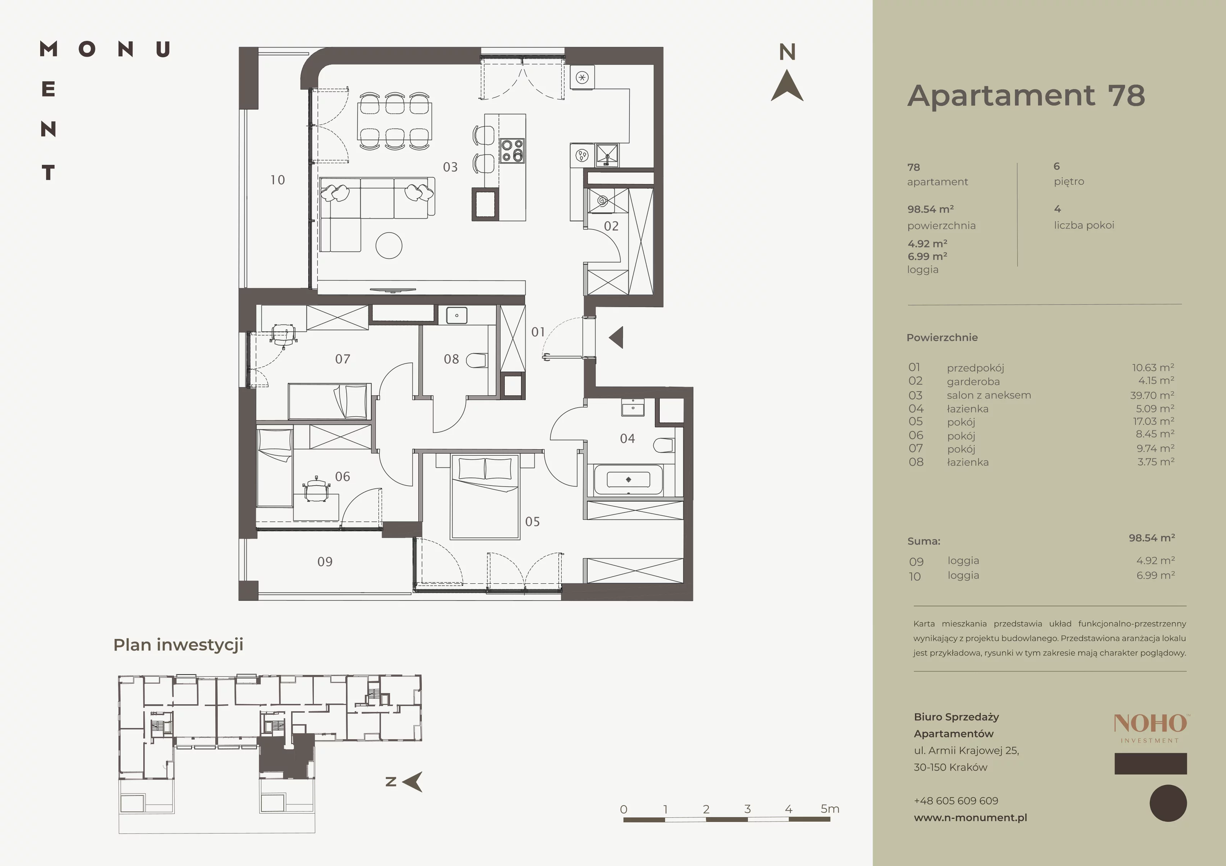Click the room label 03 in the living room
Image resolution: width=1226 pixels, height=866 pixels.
pos(450,167)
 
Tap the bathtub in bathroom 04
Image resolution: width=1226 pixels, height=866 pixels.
pos(628,480)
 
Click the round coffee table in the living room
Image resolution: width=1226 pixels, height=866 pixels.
pos(389,246)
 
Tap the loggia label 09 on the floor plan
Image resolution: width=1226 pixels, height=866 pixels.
pos(325,562)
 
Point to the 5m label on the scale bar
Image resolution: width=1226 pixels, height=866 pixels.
pos(830,809)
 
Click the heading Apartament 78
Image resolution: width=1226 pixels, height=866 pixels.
pos(1026,96)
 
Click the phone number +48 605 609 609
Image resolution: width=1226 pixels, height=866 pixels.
pos(956,801)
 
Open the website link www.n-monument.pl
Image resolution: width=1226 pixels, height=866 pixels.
pos(970,817)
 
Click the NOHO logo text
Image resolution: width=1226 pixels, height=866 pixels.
pos(1150,724)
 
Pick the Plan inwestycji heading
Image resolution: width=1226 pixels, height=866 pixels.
pos(179,645)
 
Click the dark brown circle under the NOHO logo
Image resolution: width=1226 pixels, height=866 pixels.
pos(1168,803)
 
